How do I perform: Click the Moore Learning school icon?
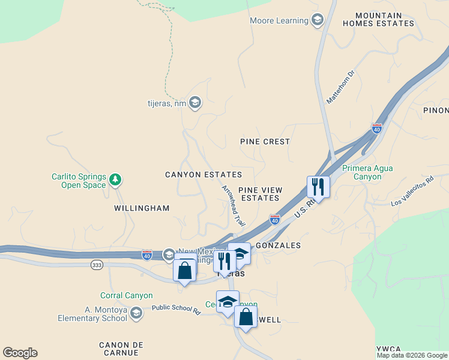[x=317, y=21]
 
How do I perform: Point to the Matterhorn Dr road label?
[x=341, y=87]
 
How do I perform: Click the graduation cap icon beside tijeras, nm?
[x=194, y=103]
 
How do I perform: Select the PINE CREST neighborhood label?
[x=265, y=142]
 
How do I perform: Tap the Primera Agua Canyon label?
[x=367, y=172]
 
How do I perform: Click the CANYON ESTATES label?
[x=203, y=175]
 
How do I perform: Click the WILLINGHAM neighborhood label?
[x=142, y=208]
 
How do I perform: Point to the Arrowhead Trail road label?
[x=234, y=206]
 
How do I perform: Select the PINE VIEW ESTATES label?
[x=259, y=193]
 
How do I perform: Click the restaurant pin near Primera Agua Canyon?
[x=318, y=187]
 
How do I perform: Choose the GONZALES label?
[x=278, y=246]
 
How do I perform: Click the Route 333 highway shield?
[x=97, y=264]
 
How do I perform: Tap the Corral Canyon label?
[x=127, y=295]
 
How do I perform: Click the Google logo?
[x=20, y=353]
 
